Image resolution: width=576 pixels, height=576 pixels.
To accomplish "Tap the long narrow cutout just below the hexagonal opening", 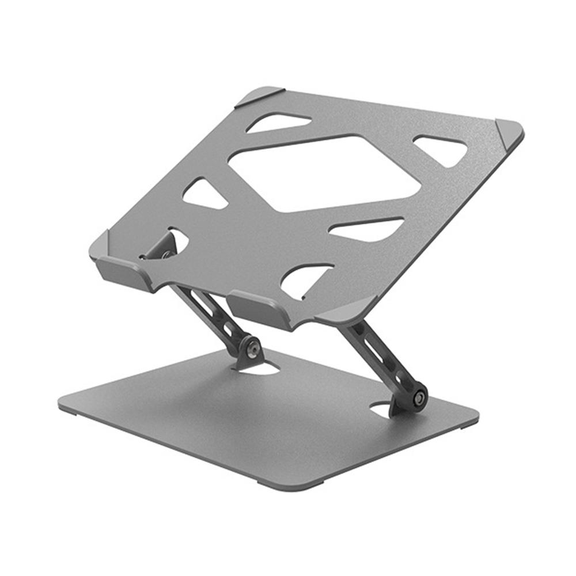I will (x=367, y=229).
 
